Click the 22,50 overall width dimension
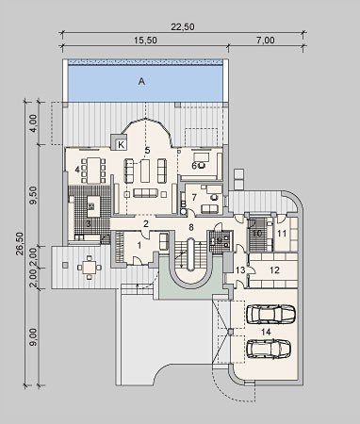tap(183, 27)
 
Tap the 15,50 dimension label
tap(145, 41)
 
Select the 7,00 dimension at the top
tap(266, 41)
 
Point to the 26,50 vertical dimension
tap(20, 244)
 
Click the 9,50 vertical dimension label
tap(34, 195)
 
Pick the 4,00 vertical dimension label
tap(34, 123)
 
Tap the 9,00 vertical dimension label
tap(34, 336)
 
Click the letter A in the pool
tap(141, 82)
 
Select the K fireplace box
tap(121, 145)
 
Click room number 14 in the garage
tap(266, 332)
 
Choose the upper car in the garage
tap(271, 314)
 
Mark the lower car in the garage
tap(269, 349)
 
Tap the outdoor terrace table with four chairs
tap(90, 268)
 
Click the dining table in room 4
tap(93, 171)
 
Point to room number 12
tap(274, 270)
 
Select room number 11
tap(282, 234)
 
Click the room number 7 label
tap(194, 198)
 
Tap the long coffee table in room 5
tap(145, 171)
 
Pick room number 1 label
tap(139, 245)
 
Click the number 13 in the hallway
tap(240, 270)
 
